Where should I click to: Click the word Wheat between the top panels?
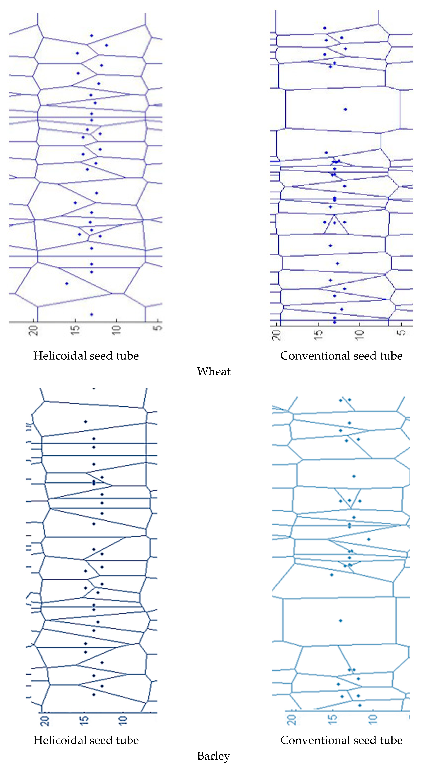click(213, 372)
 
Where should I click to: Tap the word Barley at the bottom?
click(213, 756)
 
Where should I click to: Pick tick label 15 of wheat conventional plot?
click(318, 335)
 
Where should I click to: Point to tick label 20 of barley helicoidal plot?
click(45, 721)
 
